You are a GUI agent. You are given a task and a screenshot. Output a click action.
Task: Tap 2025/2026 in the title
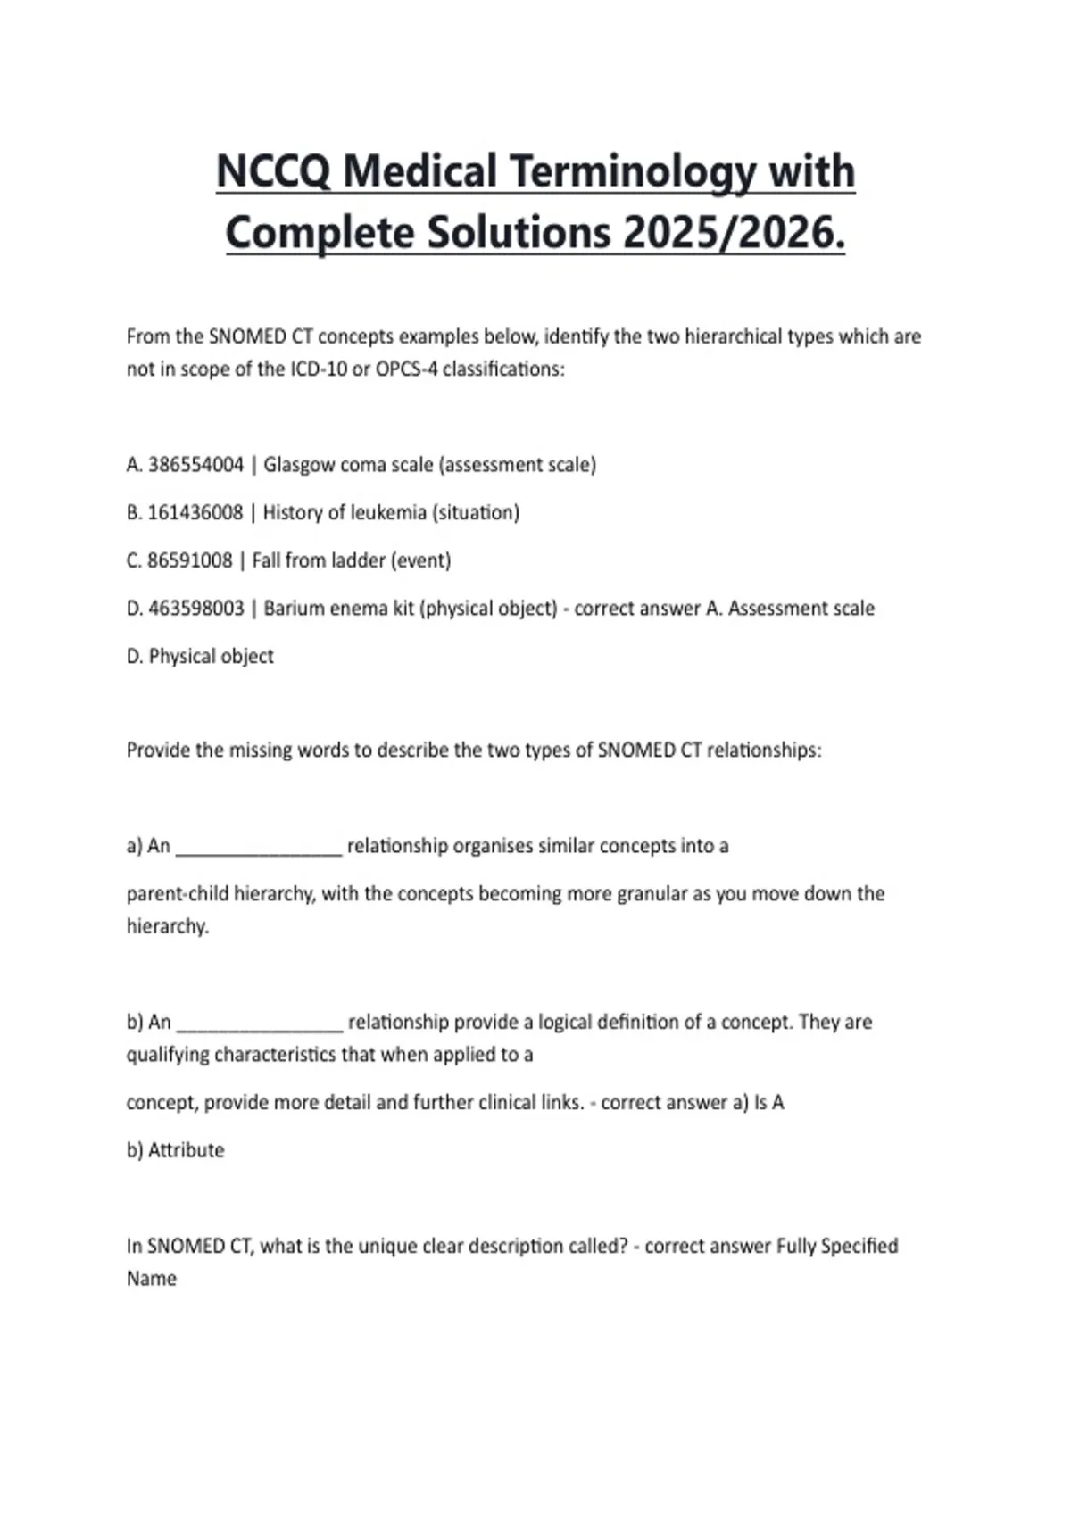tap(734, 233)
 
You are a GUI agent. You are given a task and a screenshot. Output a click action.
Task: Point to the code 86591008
tap(189, 560)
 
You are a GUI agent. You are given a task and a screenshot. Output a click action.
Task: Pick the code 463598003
tap(195, 609)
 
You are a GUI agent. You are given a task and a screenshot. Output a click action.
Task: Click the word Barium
tap(293, 609)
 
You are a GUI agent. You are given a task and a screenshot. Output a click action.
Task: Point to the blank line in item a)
tap(259, 850)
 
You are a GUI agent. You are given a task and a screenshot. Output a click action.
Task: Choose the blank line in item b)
tap(260, 1026)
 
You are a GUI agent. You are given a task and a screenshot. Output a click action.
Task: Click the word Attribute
tap(186, 1150)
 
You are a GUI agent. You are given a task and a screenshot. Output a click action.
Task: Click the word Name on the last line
tap(152, 1279)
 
